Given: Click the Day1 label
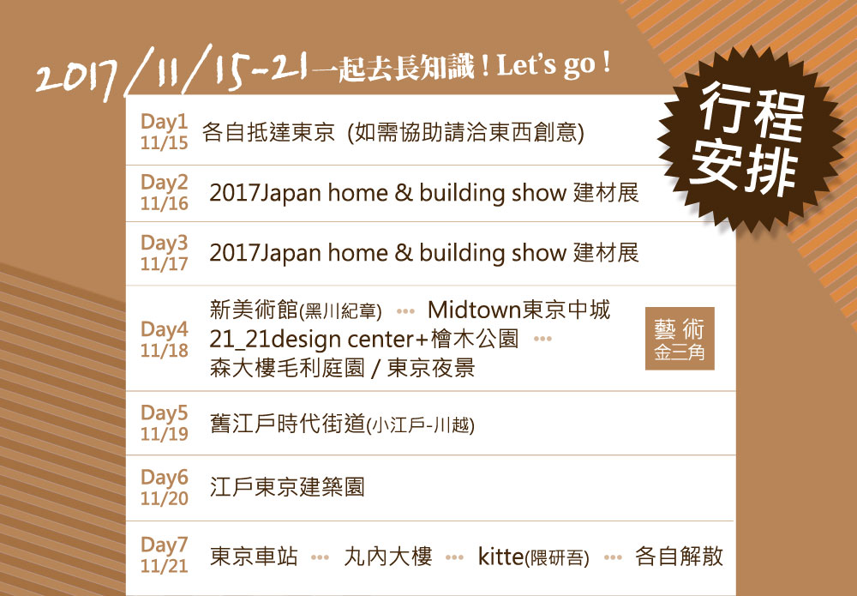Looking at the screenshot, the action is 164,121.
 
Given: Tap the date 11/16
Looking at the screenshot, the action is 164,203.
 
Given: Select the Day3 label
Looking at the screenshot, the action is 164,242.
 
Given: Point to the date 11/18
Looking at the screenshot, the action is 164,351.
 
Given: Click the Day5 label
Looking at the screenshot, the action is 164,412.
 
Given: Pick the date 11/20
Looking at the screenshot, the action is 164,499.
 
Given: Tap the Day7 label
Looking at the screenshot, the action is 164,545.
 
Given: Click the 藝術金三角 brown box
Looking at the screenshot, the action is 680,339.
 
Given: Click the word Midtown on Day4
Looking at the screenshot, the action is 475,310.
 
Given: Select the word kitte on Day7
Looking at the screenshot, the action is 500,557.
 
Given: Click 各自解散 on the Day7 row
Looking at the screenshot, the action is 679,557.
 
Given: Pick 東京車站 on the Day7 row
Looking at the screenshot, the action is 254,557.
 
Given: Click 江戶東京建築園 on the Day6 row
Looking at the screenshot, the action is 287,487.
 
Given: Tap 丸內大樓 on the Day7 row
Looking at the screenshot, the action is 388,557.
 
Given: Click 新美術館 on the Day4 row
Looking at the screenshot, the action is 255,310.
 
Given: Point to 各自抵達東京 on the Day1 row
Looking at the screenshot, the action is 268,132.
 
